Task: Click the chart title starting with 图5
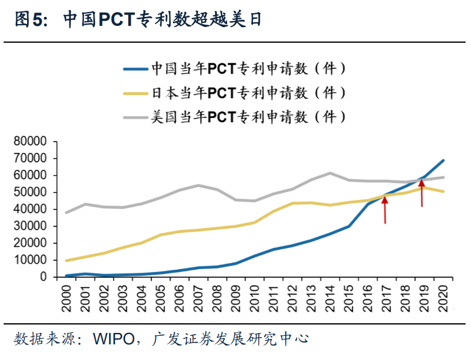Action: click(x=138, y=20)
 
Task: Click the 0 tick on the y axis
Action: click(x=43, y=277)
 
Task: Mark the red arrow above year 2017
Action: click(x=385, y=208)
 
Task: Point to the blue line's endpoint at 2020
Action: click(x=444, y=160)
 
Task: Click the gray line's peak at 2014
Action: click(x=330, y=173)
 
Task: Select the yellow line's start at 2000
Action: click(x=66, y=261)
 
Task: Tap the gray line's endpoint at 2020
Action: click(x=444, y=177)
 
